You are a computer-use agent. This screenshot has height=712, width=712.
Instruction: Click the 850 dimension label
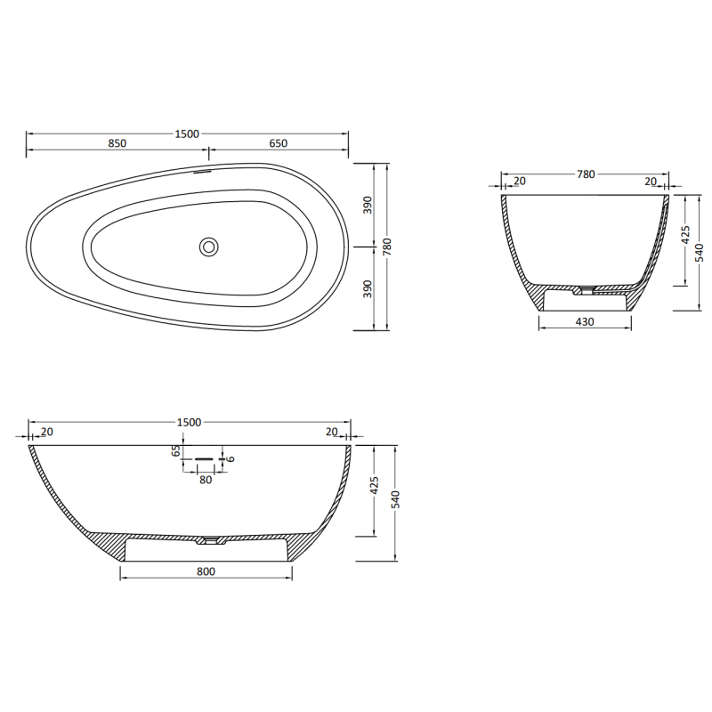(117, 143)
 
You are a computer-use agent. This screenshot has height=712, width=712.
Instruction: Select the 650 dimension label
(277, 143)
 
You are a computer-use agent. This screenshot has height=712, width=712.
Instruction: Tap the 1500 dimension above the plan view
(187, 133)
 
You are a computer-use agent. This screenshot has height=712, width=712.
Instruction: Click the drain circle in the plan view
(209, 247)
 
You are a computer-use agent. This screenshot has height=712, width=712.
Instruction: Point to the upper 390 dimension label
(367, 206)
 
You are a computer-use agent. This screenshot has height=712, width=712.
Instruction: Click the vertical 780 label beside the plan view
(386, 247)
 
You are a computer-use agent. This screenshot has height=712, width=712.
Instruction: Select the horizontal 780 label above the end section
(585, 174)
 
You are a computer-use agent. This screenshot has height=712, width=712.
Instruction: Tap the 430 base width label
(584, 320)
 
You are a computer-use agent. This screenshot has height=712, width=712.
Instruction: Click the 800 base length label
(206, 572)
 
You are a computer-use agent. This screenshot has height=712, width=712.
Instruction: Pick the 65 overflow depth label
(176, 450)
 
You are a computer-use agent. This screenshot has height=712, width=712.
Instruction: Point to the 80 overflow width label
(206, 480)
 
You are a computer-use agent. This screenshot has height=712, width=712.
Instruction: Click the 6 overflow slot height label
(231, 458)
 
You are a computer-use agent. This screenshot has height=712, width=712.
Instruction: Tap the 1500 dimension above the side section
(189, 422)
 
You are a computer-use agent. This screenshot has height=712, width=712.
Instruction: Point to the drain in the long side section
(210, 539)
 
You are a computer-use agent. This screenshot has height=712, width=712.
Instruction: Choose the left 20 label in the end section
(520, 182)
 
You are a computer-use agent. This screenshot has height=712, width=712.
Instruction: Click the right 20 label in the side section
(331, 432)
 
